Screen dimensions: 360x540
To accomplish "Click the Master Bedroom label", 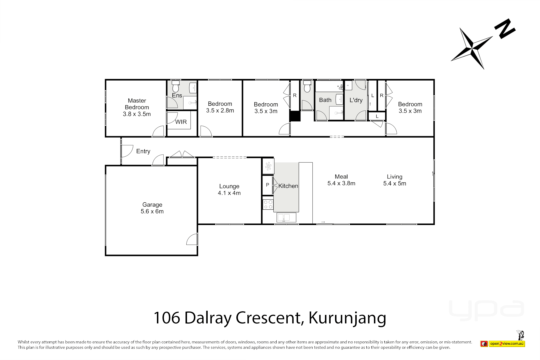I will click(x=137, y=104).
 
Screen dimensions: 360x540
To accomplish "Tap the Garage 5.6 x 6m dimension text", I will click(x=152, y=211).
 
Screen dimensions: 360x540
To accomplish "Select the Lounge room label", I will click(x=229, y=186).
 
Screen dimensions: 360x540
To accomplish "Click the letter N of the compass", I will click(x=505, y=29).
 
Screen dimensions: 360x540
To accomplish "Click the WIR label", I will click(x=181, y=122).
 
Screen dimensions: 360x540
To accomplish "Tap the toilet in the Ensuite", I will click(x=176, y=87).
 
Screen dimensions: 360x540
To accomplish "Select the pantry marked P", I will click(x=267, y=185).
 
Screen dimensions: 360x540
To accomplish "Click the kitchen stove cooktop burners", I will click(x=268, y=204).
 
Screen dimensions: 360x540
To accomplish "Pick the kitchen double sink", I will click(x=286, y=217).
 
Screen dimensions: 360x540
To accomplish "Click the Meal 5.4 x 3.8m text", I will click(x=341, y=183).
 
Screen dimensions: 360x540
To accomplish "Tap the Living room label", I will click(x=394, y=177).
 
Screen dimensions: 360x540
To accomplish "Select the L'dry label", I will click(x=356, y=100).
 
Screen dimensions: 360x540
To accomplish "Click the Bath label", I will click(x=325, y=100).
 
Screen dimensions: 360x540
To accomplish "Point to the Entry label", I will click(x=143, y=151).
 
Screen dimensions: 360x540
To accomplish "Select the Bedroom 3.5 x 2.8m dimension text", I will click(x=220, y=111).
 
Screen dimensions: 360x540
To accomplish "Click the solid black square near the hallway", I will click(x=295, y=116).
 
